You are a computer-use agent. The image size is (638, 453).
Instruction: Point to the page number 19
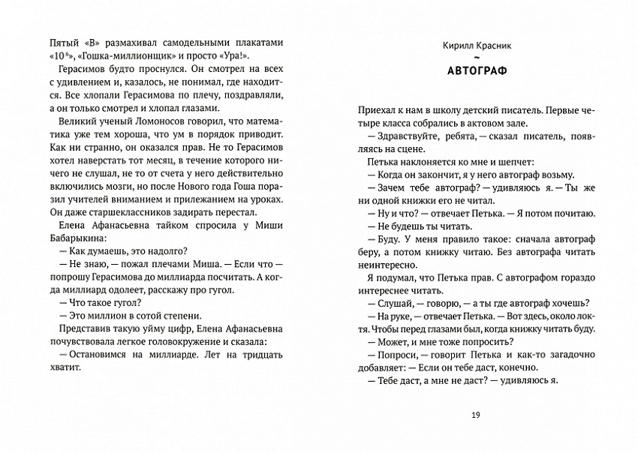tap(477, 415)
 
